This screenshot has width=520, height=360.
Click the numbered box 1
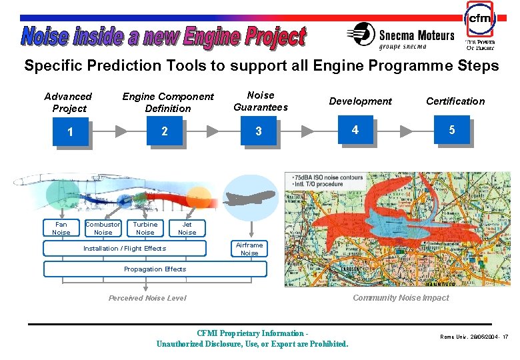click(x=70, y=132)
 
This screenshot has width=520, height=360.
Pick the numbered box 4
click(x=355, y=130)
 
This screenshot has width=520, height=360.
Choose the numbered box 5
click(x=451, y=130)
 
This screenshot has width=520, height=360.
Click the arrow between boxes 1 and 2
click(x=121, y=131)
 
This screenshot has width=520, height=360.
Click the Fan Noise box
click(x=61, y=228)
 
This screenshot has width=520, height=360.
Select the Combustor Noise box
click(x=103, y=228)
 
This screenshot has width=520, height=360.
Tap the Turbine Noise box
click(x=145, y=228)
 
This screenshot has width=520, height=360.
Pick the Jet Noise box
click(x=187, y=228)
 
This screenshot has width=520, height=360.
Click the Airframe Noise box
click(x=249, y=249)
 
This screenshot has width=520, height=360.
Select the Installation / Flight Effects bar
click(x=125, y=249)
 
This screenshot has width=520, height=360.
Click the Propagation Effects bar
click(x=155, y=269)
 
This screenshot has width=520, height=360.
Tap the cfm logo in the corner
click(x=480, y=20)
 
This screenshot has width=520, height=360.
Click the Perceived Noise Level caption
click(x=147, y=298)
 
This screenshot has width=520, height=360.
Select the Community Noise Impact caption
click(x=401, y=297)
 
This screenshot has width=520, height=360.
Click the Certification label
click(x=455, y=101)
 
